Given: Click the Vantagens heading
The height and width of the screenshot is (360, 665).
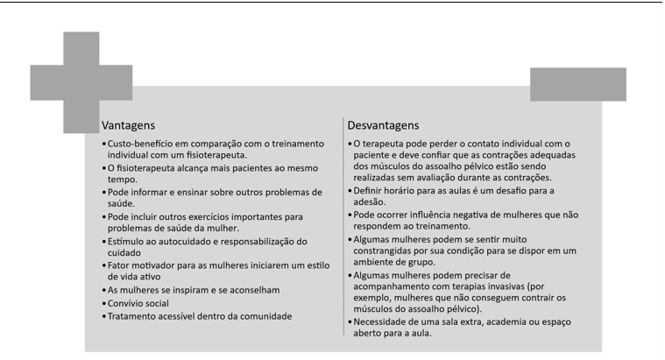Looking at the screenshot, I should point(128,124).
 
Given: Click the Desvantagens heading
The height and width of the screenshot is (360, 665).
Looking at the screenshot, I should point(384,124).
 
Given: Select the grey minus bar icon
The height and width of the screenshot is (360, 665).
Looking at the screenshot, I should point(577,84).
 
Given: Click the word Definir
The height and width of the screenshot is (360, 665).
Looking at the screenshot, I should point(366,190).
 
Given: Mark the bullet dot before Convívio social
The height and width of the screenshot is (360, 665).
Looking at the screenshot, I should point(104,303).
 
